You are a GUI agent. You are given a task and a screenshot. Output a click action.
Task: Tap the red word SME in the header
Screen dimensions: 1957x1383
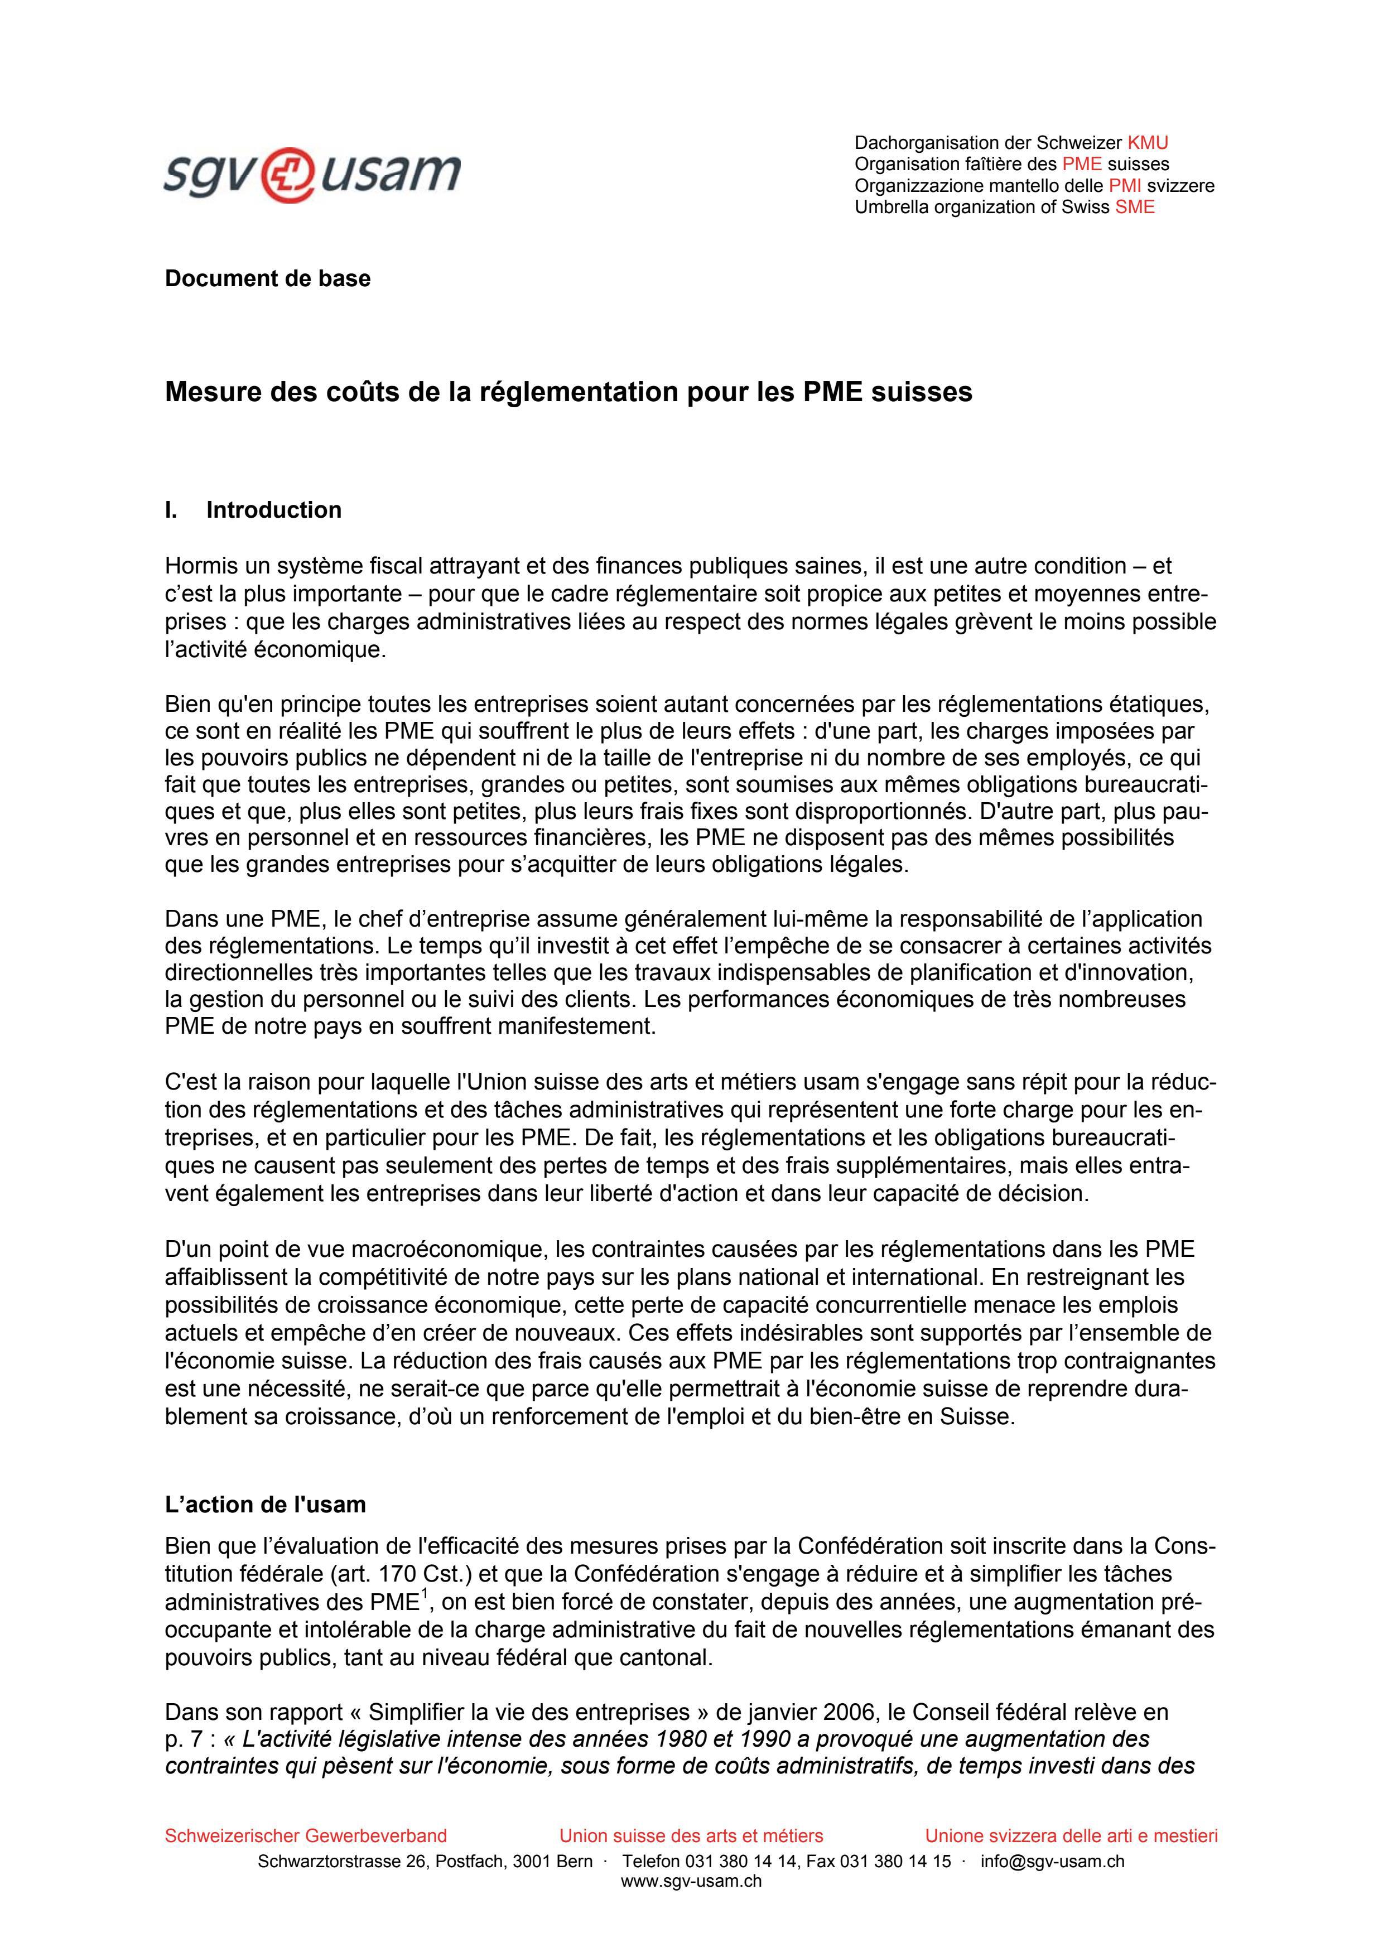click(1135, 207)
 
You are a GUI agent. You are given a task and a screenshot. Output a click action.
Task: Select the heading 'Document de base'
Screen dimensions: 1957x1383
click(268, 279)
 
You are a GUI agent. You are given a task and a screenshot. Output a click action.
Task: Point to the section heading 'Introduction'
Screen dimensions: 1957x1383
click(273, 510)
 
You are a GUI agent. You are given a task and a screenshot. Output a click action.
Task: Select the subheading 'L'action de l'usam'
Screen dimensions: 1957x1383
click(265, 1505)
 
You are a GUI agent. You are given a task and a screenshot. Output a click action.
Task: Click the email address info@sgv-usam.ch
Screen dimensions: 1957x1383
click(1052, 1860)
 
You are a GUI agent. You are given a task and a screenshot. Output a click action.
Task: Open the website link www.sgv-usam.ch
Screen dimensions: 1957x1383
click(691, 1881)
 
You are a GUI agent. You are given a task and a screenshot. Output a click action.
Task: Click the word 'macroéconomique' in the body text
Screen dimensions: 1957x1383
click(449, 1250)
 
